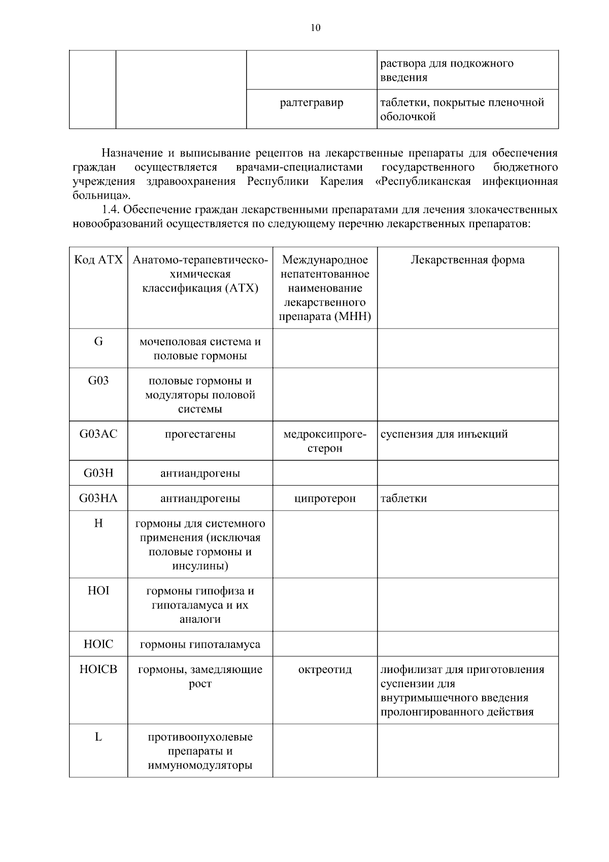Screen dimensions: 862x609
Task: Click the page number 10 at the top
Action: click(315, 28)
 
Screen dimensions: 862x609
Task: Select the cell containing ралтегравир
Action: click(312, 103)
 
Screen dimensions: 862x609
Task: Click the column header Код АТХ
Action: click(98, 260)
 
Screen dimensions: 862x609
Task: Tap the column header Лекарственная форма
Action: click(467, 260)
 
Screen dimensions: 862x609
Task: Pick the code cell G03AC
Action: click(98, 434)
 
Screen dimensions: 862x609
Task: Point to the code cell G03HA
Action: click(98, 498)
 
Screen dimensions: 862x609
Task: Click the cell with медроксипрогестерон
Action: click(325, 441)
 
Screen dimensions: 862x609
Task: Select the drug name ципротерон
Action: click(325, 498)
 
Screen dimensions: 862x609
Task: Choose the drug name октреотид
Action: click(325, 669)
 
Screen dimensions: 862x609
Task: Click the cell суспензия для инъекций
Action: click(444, 434)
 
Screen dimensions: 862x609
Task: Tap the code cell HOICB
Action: click(98, 669)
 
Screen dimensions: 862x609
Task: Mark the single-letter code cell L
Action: click(98, 737)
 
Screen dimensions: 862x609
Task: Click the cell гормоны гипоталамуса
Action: click(200, 645)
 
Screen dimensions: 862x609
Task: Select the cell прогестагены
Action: click(200, 434)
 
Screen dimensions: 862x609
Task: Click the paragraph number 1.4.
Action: click(111, 210)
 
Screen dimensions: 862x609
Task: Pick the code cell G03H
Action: click(98, 473)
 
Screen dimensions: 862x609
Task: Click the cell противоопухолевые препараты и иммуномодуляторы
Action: click(200, 751)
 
